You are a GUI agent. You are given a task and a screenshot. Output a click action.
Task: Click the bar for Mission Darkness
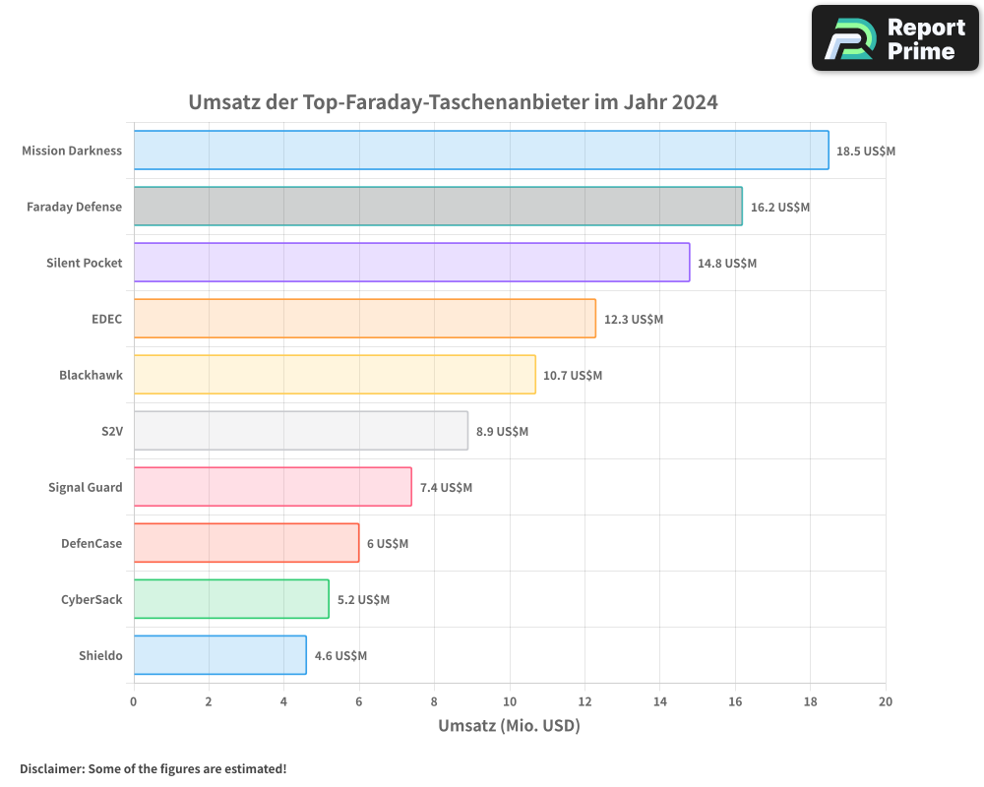click(481, 151)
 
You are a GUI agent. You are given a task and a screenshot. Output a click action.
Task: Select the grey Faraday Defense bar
click(438, 207)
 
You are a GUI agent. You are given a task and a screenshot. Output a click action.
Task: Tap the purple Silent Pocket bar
click(411, 263)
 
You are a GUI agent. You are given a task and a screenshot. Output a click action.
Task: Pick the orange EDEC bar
click(364, 319)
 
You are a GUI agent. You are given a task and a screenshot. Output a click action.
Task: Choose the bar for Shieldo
click(219, 655)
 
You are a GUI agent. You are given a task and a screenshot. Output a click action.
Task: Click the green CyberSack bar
click(231, 599)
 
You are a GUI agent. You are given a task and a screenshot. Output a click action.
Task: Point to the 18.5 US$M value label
click(866, 151)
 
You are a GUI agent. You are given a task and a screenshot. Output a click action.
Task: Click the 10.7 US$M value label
click(573, 376)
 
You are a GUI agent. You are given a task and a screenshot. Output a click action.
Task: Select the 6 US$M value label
click(388, 544)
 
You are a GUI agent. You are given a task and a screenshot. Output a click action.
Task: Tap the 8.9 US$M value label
click(502, 432)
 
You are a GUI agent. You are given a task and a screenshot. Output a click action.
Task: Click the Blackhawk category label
click(91, 375)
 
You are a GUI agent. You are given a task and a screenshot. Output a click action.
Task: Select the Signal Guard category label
click(86, 487)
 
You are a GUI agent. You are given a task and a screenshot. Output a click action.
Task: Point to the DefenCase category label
click(92, 543)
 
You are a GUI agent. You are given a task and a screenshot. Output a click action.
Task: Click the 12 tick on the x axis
click(584, 701)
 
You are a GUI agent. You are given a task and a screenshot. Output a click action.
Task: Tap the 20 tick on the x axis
click(886, 701)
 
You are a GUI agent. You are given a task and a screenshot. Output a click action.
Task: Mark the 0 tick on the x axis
click(134, 701)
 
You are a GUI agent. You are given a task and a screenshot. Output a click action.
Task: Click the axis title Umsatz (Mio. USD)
click(509, 726)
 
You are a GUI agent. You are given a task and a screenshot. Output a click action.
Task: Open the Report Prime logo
click(895, 38)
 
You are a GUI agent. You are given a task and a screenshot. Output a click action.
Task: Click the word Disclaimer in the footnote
click(51, 769)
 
